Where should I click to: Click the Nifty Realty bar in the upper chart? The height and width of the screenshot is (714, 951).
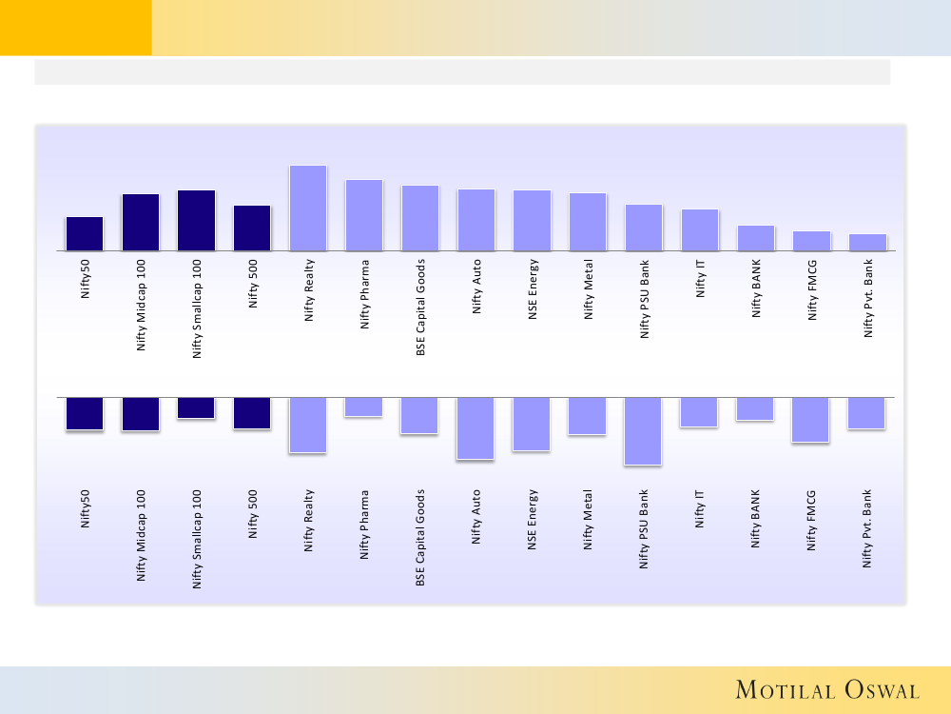(x=308, y=208)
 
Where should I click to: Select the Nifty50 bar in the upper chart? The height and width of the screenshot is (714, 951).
(x=85, y=233)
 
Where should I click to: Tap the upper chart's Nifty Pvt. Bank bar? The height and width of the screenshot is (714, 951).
(x=867, y=242)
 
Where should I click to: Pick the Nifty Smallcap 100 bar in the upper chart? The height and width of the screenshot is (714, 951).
(x=196, y=220)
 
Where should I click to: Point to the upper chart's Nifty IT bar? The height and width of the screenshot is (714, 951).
(x=700, y=229)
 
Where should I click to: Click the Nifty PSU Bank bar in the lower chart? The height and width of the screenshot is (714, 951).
(x=644, y=431)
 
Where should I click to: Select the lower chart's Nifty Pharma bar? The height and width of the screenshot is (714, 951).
(x=364, y=407)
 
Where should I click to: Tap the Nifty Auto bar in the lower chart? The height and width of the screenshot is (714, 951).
(x=475, y=428)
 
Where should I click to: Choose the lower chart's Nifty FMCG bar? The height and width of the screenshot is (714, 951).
(x=811, y=420)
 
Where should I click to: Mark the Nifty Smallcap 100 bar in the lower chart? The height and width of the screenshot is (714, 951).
(x=196, y=408)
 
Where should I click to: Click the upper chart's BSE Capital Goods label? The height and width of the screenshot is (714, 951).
(x=420, y=307)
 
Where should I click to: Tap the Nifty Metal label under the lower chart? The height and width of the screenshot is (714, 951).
(x=589, y=520)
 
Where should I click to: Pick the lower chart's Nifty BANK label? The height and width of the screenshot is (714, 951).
(x=756, y=519)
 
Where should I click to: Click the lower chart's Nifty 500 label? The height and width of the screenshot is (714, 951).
(x=253, y=514)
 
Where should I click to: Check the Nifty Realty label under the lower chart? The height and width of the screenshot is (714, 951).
(x=308, y=521)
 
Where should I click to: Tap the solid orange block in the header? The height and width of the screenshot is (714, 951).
(x=75, y=28)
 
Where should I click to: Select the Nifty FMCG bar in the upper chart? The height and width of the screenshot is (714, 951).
(x=811, y=241)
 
